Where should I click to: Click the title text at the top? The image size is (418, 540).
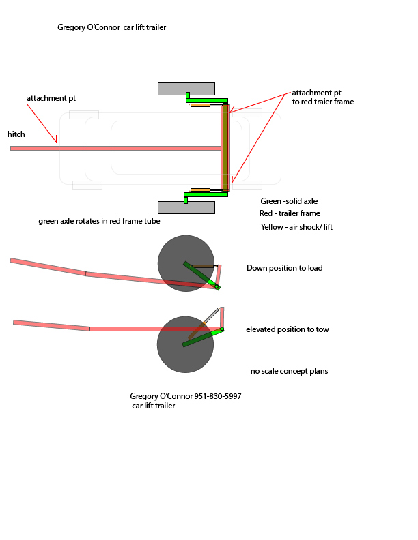pyautogui.click(x=112, y=28)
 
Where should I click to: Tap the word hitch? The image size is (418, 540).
pyautogui.click(x=16, y=134)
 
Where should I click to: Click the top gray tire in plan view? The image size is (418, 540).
pyautogui.click(x=186, y=89)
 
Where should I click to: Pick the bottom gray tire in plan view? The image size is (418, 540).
pyautogui.click(x=186, y=207)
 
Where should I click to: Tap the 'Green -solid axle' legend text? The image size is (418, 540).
pyautogui.click(x=289, y=201)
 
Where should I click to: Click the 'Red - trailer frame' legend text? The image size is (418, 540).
pyautogui.click(x=290, y=213)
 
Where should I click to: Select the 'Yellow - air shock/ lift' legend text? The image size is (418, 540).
pyautogui.click(x=296, y=227)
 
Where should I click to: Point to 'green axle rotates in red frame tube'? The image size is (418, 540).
pyautogui.click(x=100, y=221)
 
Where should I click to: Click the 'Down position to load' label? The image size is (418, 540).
pyautogui.click(x=284, y=268)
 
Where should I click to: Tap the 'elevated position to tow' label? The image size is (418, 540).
pyautogui.click(x=287, y=329)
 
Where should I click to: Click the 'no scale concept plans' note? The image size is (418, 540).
pyautogui.click(x=289, y=371)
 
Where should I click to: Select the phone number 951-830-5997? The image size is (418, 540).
pyautogui.click(x=218, y=396)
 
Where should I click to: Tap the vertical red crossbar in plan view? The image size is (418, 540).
pyautogui.click(x=225, y=147)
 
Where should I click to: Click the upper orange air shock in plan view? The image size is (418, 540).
pyautogui.click(x=200, y=105)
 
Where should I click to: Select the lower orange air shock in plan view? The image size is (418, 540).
pyautogui.click(x=200, y=190)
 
